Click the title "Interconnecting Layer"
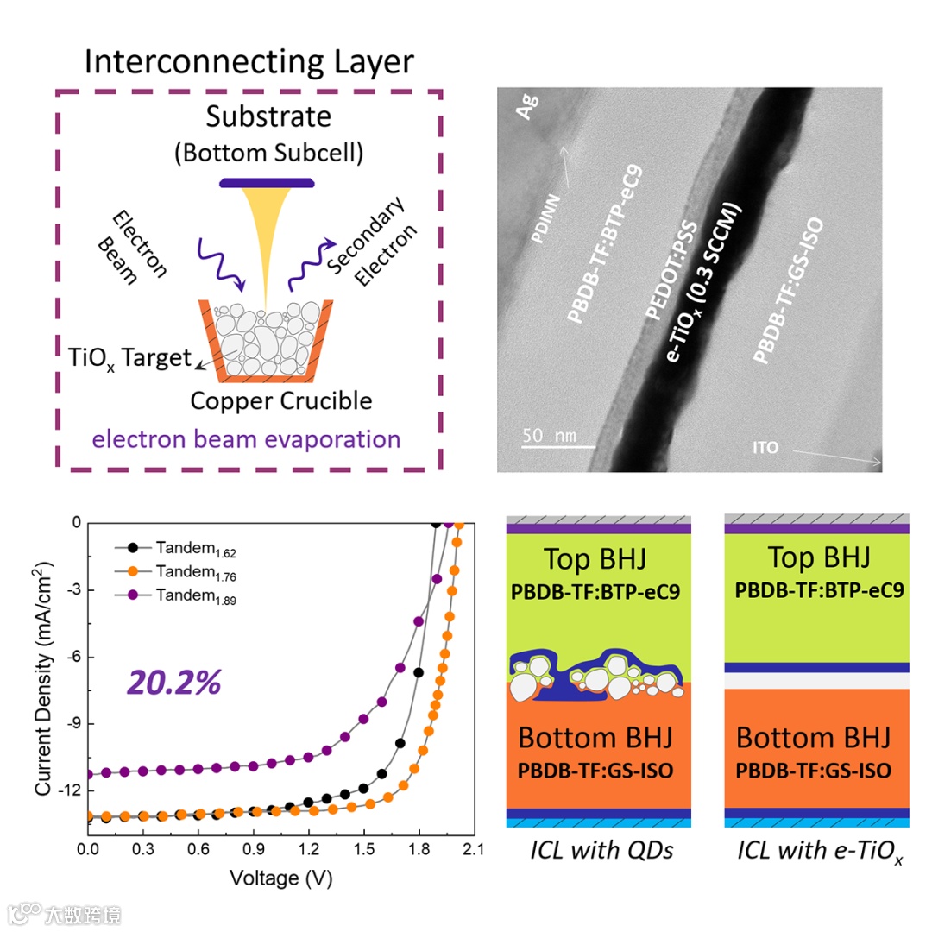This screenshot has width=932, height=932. [249, 62]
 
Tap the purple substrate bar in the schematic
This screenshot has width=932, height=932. [265, 183]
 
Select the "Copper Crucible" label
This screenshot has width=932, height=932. [281, 401]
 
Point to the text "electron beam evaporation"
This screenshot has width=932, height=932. [247, 439]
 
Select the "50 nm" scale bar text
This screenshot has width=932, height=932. [549, 435]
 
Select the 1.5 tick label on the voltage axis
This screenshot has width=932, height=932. [364, 849]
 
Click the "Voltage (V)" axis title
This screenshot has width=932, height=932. [280, 878]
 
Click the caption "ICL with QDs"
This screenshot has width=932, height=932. [601, 851]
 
